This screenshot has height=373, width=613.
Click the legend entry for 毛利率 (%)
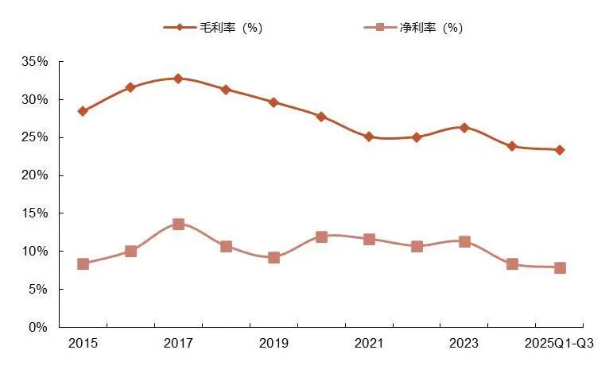(x=213, y=28)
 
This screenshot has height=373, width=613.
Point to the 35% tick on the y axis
(x=36, y=62)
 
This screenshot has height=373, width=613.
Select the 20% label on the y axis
(x=36, y=175)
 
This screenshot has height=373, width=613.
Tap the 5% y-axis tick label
(x=39, y=290)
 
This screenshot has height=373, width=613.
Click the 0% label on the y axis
(x=39, y=327)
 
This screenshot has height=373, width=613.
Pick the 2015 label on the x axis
(x=83, y=343)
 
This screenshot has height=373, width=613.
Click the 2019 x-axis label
(x=274, y=343)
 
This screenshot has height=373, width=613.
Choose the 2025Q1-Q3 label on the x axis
(x=560, y=343)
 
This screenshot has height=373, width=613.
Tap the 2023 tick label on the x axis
(x=464, y=343)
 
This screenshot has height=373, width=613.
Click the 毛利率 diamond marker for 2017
(x=178, y=79)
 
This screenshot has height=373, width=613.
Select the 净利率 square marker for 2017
(x=178, y=225)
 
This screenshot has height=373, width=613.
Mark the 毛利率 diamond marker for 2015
(x=83, y=111)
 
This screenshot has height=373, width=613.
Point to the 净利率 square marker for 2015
(x=83, y=264)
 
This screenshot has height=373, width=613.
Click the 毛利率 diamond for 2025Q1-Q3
(x=560, y=150)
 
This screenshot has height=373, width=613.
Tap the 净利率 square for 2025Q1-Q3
(x=560, y=268)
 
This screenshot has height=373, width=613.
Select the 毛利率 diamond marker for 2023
(x=464, y=127)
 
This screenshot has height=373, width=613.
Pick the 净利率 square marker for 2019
(x=274, y=257)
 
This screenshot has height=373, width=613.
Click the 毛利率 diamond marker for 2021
(x=369, y=137)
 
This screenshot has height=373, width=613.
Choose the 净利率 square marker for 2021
(x=369, y=239)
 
